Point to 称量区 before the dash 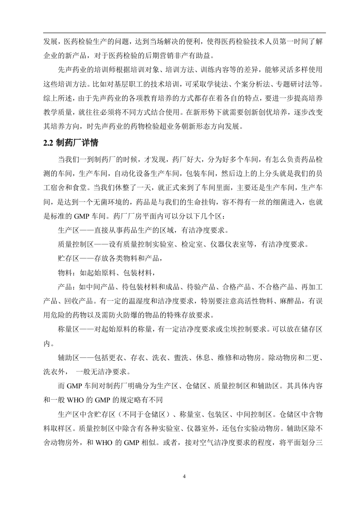69,330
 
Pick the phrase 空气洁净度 212,442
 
